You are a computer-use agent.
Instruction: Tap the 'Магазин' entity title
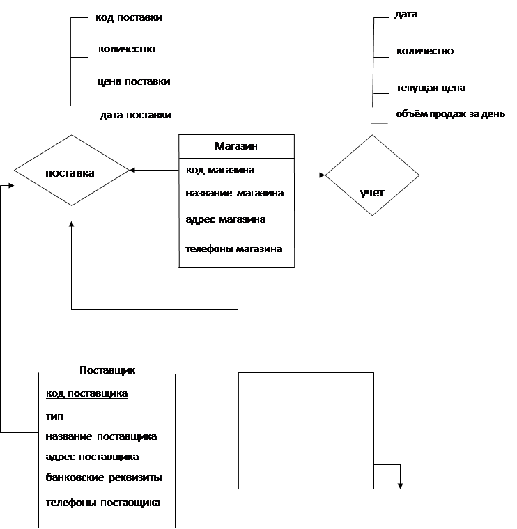tap(236, 146)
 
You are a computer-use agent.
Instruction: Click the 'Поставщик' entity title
tap(107, 370)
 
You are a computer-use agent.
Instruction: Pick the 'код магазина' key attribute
tap(220, 170)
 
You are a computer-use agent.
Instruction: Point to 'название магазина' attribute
tap(235, 193)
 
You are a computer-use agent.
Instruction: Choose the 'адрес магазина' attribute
tap(226, 219)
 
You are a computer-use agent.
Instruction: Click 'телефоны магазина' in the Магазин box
tap(234, 248)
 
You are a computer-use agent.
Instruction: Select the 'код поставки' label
tap(130, 17)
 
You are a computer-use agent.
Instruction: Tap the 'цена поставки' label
tap(133, 81)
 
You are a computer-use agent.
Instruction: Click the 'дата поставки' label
tap(135, 115)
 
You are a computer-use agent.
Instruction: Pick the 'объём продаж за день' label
tap(446, 114)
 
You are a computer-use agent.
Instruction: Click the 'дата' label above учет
tap(406, 14)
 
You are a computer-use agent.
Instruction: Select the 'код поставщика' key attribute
tap(87, 393)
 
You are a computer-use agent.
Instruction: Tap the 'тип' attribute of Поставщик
tap(54, 416)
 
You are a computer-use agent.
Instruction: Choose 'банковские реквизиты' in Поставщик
tap(104, 477)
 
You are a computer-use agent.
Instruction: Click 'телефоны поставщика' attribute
tap(103, 502)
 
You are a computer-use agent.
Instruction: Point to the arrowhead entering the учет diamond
tap(322, 175)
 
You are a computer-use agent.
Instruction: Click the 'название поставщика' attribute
tap(101, 436)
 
